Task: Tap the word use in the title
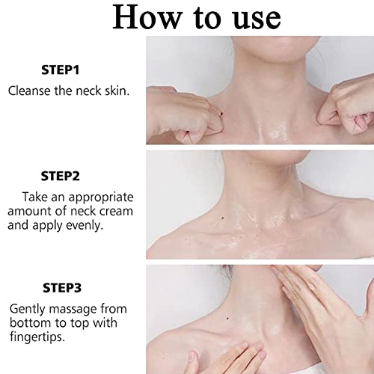[x=250, y=18]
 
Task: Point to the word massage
[x=73, y=307]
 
